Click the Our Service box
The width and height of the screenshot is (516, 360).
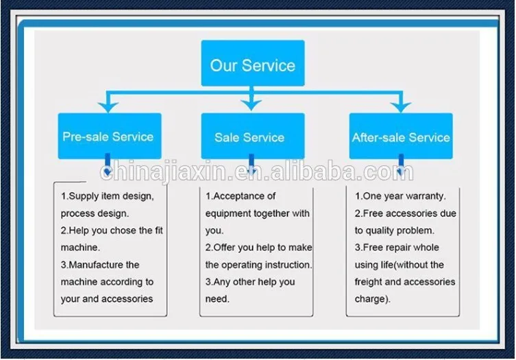(253, 63)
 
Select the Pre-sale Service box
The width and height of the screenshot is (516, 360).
(110, 136)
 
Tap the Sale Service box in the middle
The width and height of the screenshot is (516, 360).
(253, 136)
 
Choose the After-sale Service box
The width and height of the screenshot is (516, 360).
(401, 136)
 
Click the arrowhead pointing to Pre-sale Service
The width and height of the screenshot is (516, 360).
(108, 107)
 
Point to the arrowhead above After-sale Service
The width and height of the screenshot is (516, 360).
(400, 107)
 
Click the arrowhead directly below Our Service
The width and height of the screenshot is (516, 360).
(251, 105)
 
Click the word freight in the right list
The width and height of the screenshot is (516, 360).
(368, 282)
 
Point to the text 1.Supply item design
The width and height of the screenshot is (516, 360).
(108, 196)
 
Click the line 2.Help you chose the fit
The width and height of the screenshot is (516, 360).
(112, 230)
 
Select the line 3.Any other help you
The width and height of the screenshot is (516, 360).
(250, 282)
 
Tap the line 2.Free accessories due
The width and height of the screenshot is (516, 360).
(406, 213)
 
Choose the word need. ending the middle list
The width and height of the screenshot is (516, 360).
(217, 299)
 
